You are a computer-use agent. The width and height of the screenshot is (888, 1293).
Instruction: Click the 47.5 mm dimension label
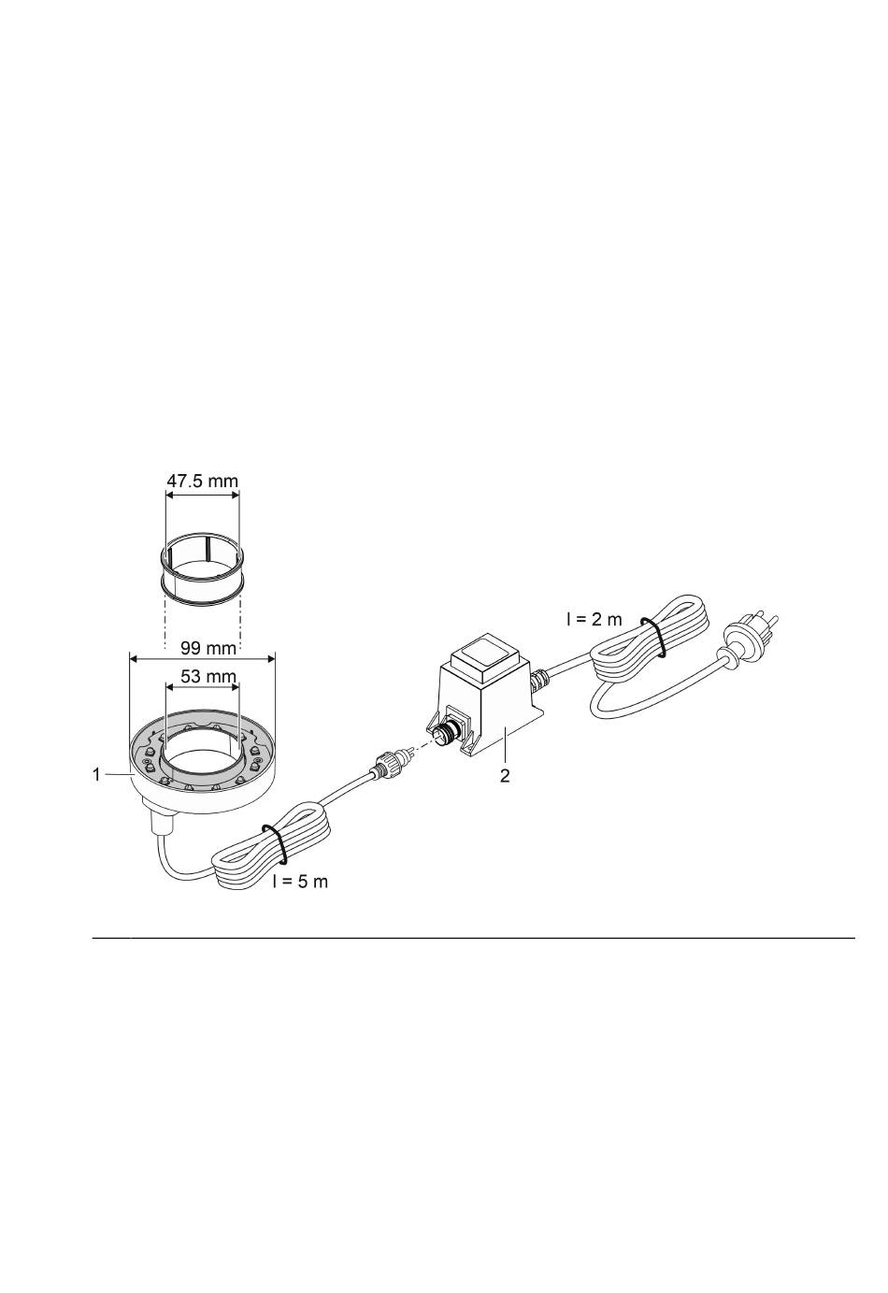coord(202,481)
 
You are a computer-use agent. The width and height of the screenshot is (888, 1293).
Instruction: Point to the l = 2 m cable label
coord(594,619)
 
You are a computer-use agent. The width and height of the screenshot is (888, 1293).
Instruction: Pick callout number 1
coord(96,775)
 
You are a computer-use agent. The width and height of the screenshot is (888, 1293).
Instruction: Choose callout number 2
coord(505,776)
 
